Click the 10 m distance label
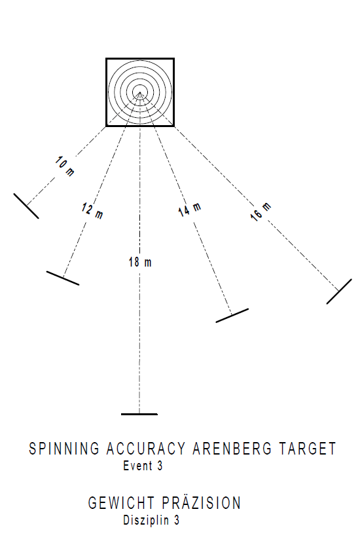pos(65,166)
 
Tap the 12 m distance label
pos(92,211)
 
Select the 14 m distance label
pos(189,210)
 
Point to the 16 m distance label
pos(261,212)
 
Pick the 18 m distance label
pos(140,262)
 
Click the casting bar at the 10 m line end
pos(26,206)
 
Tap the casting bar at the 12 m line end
pos(63,278)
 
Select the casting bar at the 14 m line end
pos(232,315)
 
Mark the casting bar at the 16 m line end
pos(339,291)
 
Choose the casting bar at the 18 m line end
pos(139,414)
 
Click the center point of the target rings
pos(139,92)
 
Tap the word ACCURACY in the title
pos(146,449)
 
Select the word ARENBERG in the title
pos(232,449)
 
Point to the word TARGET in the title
pos(307,449)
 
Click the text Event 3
pos(143,466)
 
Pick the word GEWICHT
pos(121,503)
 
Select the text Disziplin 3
pos(151,520)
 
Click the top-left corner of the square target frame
pos(106,59)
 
